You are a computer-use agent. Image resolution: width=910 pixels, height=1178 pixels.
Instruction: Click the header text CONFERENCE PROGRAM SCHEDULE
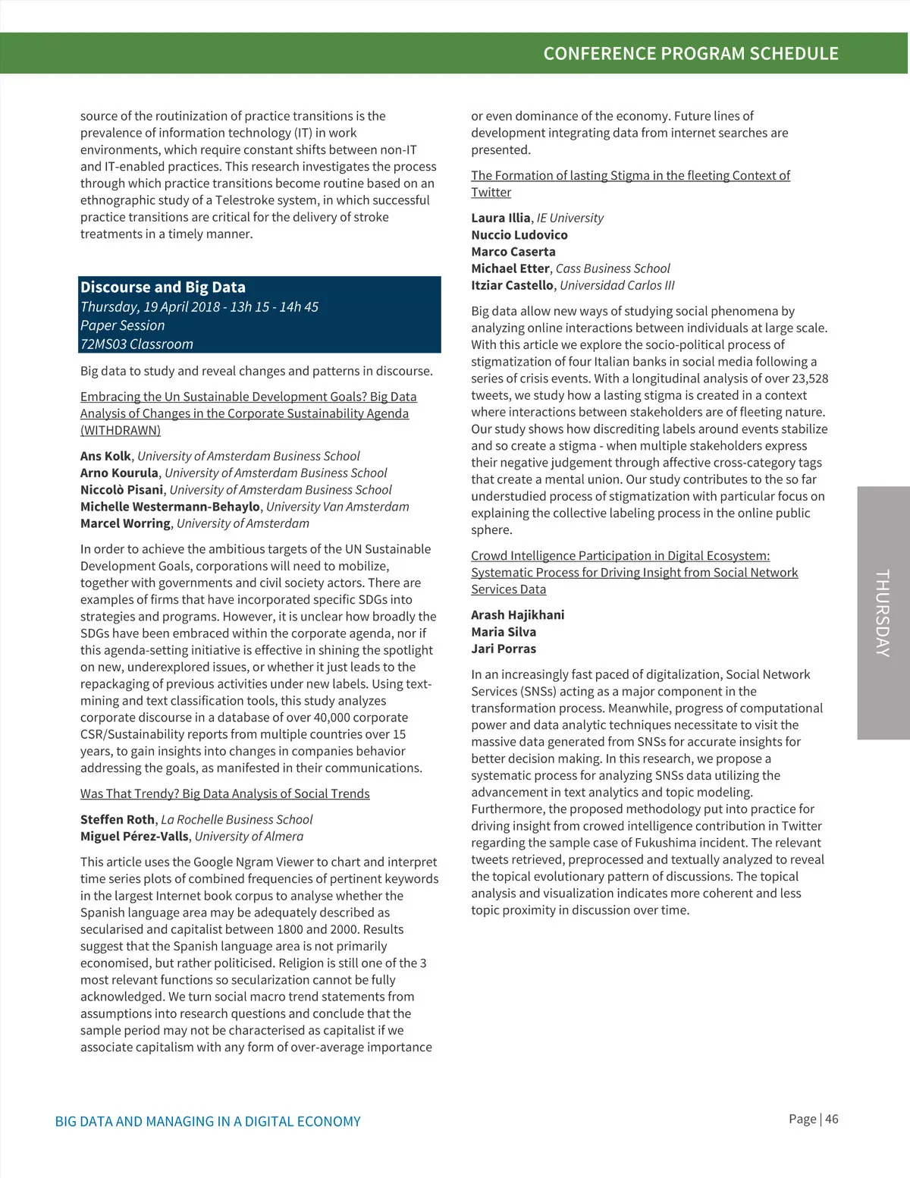690,54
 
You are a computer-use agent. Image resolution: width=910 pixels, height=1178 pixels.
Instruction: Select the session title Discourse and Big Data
163,287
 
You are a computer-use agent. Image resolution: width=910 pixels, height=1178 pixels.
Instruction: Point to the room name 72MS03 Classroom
136,344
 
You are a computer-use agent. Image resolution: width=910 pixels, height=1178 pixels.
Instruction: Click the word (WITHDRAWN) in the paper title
121,431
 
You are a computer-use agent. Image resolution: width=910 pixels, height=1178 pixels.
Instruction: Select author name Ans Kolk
105,457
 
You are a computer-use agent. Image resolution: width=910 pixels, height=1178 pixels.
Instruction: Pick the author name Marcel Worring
125,524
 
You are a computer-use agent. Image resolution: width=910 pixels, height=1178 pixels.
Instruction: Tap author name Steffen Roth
118,820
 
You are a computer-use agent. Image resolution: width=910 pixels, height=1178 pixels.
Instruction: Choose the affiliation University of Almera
249,837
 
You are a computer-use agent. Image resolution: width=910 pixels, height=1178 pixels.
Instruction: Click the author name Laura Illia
500,218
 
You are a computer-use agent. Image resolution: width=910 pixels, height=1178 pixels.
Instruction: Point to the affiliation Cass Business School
613,269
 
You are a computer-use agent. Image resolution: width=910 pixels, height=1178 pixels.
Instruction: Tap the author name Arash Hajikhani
517,615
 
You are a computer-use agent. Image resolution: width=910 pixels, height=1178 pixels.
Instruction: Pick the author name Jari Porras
504,649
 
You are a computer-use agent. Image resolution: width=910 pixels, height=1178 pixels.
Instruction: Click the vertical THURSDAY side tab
883,613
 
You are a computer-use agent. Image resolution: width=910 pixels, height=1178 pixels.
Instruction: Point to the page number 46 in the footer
832,1120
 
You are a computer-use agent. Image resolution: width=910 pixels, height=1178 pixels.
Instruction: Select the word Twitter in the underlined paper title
491,193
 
